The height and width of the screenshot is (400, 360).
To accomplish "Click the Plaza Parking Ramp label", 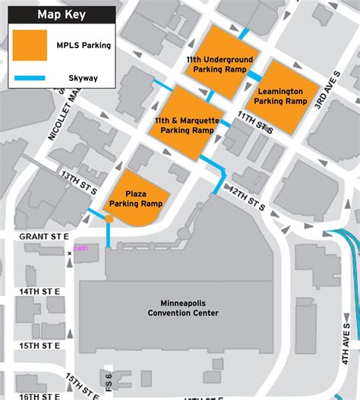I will pos(135,200).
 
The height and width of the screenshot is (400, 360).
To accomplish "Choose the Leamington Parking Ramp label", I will pos(280,96).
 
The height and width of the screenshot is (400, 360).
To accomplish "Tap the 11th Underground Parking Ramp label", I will pos(219,65).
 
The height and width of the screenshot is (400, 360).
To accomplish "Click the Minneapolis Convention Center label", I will pos(184,307).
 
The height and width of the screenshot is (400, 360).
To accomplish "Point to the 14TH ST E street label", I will pos(39,291).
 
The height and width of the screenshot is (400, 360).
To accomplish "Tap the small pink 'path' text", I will pos(81,247).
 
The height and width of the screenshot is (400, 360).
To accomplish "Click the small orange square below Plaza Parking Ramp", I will pos(109,220).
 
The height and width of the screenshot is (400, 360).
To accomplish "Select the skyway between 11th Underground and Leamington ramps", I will pos(254,76).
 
